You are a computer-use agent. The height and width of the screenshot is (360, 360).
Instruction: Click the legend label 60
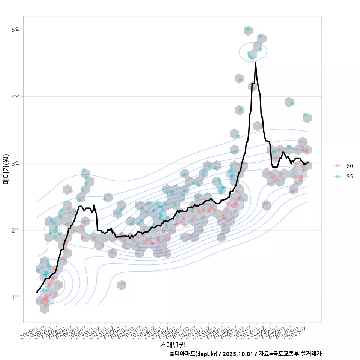[350, 166]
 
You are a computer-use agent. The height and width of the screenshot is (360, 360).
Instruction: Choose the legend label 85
[350, 177]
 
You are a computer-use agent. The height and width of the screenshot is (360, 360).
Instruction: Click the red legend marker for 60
[337, 166]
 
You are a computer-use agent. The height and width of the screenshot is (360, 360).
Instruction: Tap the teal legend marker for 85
[337, 177]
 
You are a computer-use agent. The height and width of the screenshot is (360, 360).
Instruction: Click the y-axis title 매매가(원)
[6, 169]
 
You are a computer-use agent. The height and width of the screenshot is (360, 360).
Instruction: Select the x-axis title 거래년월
[172, 344]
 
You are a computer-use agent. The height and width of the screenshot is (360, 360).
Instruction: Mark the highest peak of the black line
[256, 63]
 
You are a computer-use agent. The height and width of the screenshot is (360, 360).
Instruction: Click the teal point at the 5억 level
[247, 30]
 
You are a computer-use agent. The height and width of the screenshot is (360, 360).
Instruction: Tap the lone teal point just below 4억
[292, 103]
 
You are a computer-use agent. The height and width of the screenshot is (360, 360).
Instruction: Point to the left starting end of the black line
[37, 292]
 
